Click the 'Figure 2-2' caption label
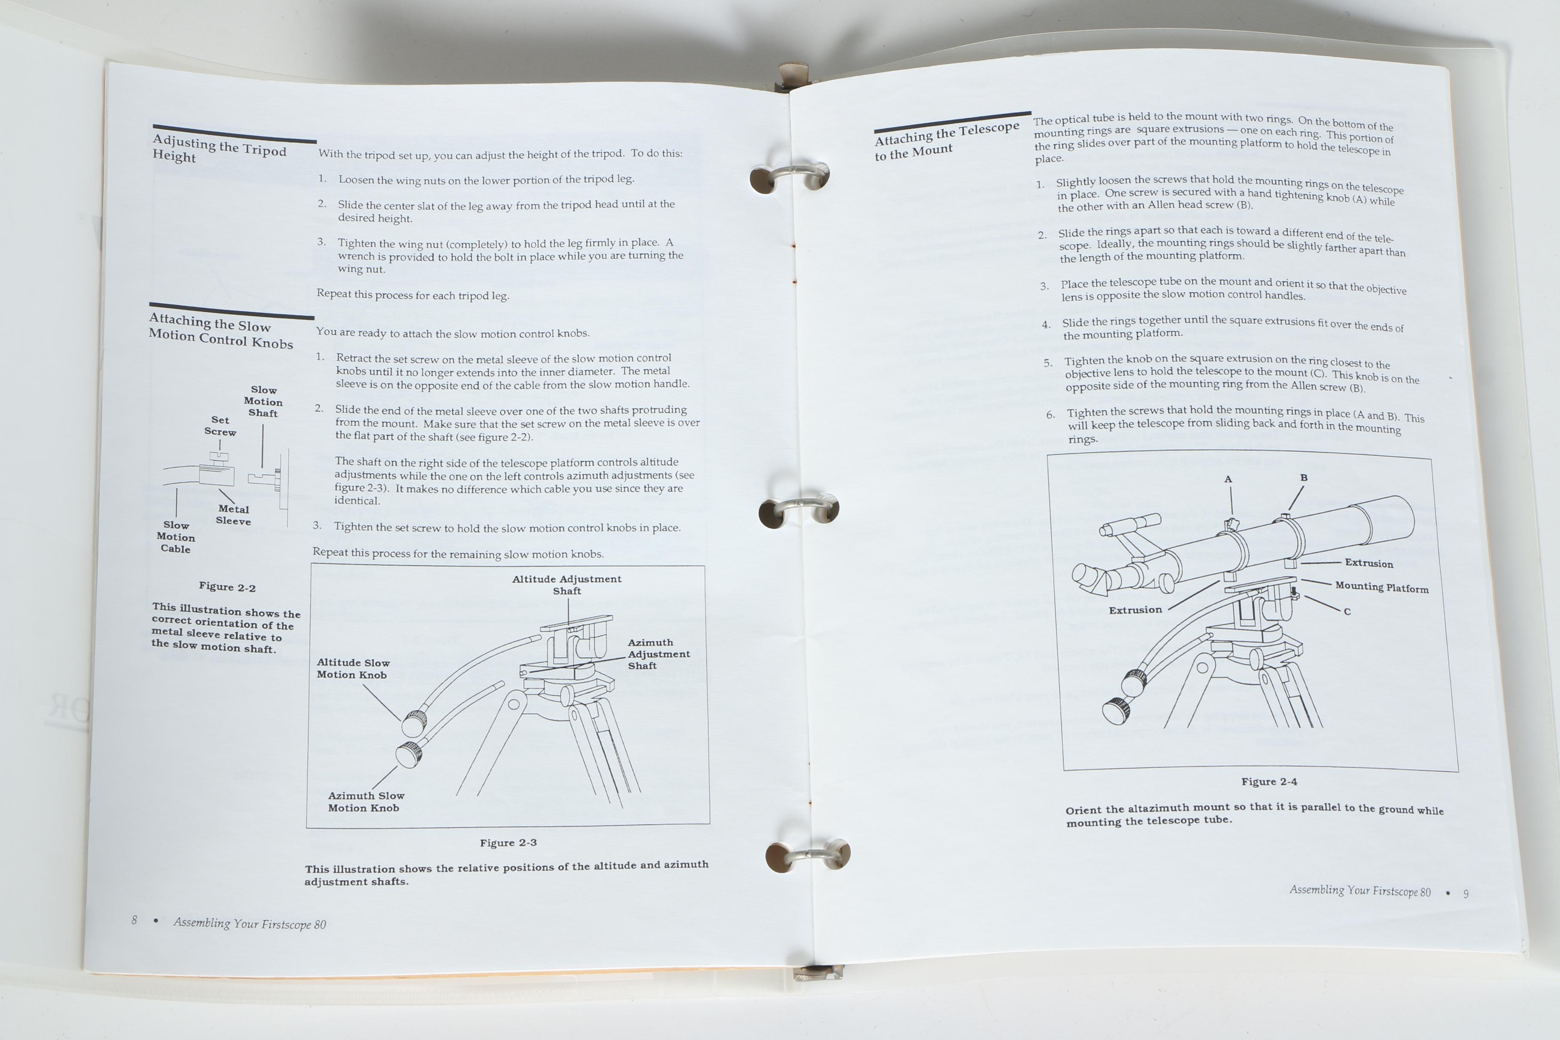coord(227,587)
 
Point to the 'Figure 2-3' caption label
coord(508,842)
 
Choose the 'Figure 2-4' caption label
coord(1269,781)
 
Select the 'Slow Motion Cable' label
coord(176,537)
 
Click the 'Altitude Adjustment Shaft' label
coord(567,584)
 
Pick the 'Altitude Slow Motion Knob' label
coord(353,668)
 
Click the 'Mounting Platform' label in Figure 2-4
coord(1382,587)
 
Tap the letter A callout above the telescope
coord(1228,479)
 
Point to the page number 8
coord(134,919)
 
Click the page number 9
coord(1466,893)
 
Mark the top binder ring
coord(790,175)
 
